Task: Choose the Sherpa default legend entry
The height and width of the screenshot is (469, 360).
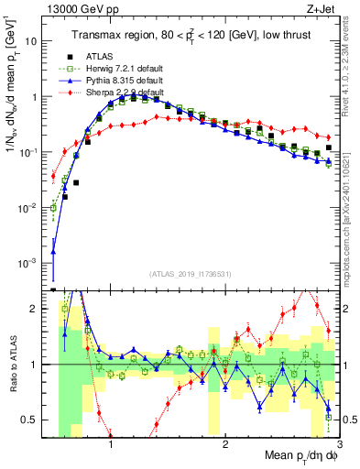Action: click(x=115, y=93)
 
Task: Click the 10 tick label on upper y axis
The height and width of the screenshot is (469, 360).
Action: click(x=31, y=41)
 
